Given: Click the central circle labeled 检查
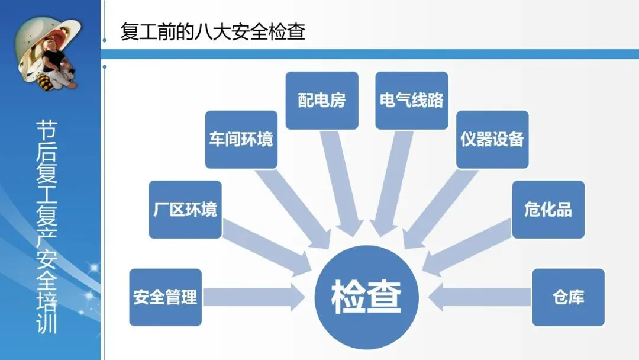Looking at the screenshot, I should [366, 296].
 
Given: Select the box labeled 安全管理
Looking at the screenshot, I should [165, 297].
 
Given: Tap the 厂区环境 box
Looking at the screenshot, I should [185, 210].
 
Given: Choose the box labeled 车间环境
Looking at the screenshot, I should [241, 140].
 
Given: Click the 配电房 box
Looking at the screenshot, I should [322, 100].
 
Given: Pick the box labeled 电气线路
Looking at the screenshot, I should [411, 100].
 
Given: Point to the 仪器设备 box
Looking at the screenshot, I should [492, 140].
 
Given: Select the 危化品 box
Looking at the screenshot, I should [548, 210].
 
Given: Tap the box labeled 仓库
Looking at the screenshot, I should [568, 297].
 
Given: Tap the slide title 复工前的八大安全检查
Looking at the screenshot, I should [213, 31].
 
